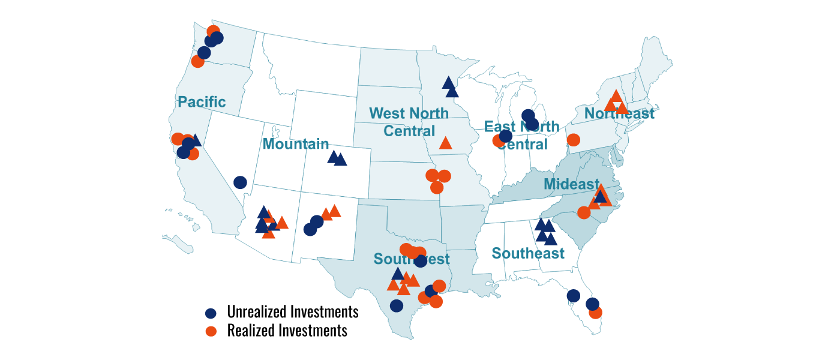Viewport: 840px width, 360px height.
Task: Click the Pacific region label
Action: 202,102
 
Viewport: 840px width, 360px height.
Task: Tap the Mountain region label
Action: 296,144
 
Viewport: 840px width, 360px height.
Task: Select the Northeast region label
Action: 619,113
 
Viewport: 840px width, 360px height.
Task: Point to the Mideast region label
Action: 571,184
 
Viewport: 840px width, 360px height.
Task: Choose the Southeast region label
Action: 528,253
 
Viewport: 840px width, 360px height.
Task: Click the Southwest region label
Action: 412,259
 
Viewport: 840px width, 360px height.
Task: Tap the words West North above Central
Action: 409,113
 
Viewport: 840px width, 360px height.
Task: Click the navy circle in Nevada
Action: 240,182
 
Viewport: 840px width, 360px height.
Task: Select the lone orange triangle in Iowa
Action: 445,143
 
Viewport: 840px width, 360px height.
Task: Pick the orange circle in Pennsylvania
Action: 573,140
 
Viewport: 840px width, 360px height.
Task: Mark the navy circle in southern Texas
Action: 396,305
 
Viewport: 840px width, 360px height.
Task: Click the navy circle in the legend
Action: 211,313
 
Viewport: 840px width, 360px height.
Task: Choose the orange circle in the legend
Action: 211,331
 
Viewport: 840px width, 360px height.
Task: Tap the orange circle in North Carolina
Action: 584,212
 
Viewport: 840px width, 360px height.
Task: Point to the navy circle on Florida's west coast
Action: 573,296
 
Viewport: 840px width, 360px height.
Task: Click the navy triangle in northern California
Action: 195,140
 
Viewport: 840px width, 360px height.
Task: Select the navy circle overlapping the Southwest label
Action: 421,261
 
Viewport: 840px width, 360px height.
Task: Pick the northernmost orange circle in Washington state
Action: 213,31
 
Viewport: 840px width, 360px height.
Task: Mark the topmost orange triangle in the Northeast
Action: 616,96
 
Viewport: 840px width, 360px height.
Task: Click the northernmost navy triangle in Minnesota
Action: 448,82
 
